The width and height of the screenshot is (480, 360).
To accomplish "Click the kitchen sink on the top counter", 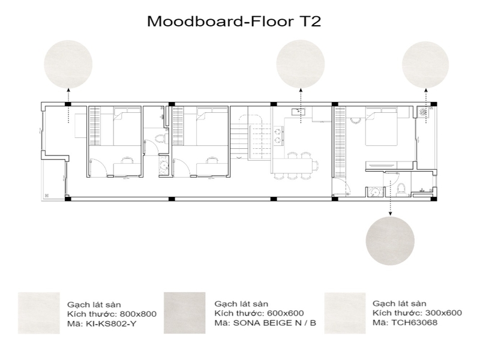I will (x=298, y=112).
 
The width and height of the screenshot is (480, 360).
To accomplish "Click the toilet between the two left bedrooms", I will (x=158, y=139).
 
